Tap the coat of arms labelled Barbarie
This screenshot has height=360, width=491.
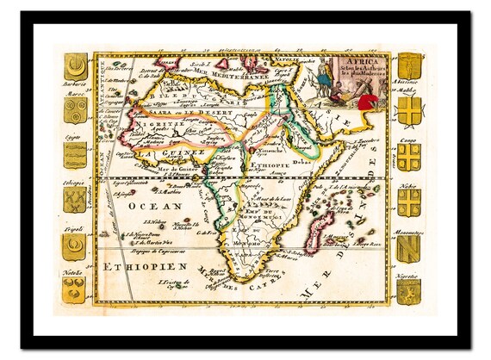click(76, 66)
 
